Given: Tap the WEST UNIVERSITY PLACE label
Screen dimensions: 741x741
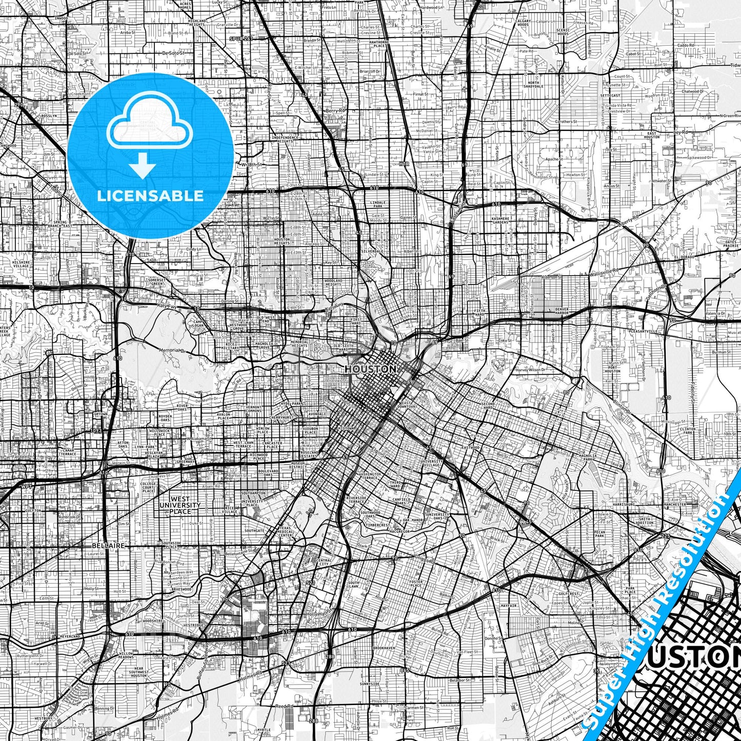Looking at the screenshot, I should pos(180,505).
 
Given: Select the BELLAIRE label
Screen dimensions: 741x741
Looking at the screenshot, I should pos(108,546).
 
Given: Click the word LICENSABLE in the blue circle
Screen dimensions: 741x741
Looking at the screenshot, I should pos(150,195).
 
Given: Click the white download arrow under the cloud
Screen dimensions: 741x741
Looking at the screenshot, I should pos(142,166).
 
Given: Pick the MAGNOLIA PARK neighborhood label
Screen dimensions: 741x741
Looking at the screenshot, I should pos(587,456).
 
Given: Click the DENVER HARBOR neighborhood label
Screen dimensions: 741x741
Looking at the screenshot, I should pos(562,311).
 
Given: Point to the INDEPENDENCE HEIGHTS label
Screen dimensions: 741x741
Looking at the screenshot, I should pos(285,139).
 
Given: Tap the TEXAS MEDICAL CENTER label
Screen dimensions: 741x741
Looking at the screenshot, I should pos(286,532).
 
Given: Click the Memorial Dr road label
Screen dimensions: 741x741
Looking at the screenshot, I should pos(171,350).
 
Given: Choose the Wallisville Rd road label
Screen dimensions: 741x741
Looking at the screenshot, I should pos(605,269).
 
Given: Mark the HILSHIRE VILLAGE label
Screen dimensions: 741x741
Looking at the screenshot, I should pos(21,264).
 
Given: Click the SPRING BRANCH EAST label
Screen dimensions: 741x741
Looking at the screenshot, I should pos(60,224).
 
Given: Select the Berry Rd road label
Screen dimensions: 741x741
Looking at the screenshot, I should pos(336,110).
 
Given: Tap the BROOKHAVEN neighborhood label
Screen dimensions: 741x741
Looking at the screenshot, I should pos(384,648).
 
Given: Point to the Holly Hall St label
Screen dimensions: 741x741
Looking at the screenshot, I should pos(318,614).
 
